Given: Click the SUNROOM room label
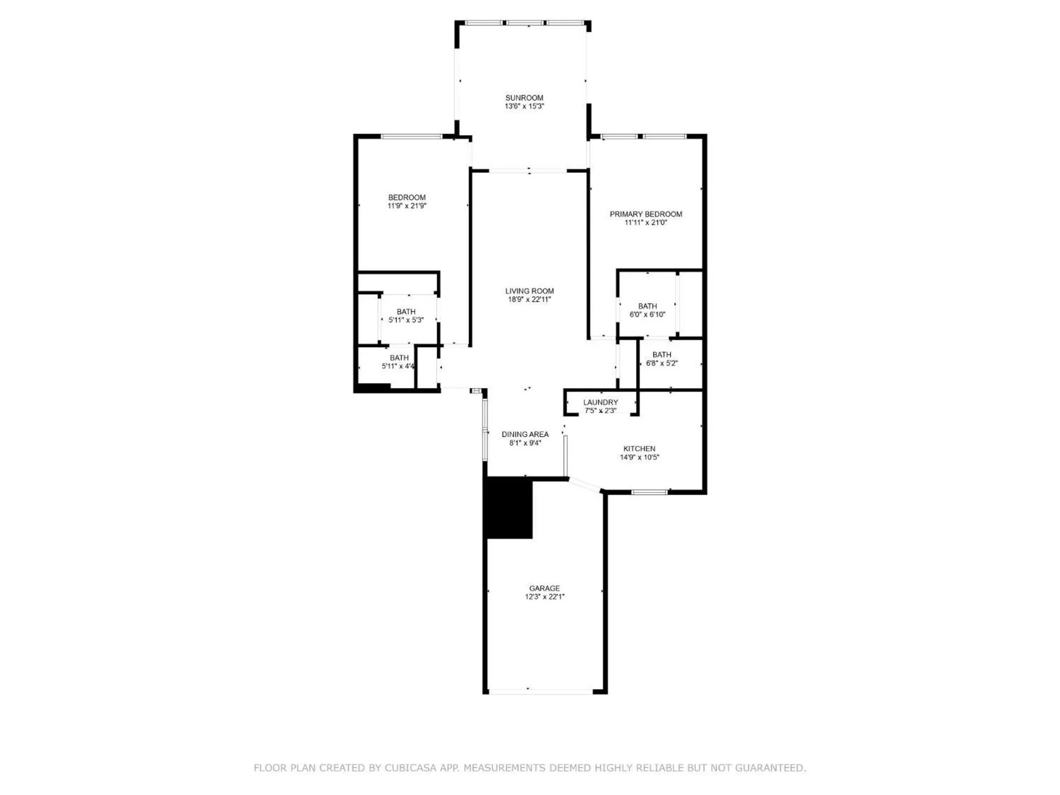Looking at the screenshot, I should click(524, 98).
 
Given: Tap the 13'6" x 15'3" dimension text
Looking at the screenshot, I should click(524, 106).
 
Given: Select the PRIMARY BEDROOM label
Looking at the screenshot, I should click(646, 214).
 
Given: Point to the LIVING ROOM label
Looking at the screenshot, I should click(529, 291).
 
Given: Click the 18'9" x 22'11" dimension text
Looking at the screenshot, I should click(529, 299).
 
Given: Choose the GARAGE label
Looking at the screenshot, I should click(544, 588).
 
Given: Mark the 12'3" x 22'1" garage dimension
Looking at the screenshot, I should click(544, 597).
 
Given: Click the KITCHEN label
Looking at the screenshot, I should click(639, 449).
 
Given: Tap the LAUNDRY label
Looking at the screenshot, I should click(600, 402).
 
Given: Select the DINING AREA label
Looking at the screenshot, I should click(525, 435).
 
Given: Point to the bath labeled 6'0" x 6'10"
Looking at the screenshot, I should click(647, 310).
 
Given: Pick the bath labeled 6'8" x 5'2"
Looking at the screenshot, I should click(661, 359).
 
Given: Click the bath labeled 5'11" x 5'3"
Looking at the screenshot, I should click(406, 316).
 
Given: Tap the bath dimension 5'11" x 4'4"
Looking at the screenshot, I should click(398, 366).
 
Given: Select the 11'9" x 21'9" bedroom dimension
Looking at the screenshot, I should click(407, 206).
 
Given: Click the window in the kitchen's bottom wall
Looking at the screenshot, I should click(650, 492).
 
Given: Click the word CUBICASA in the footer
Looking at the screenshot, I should click(411, 767).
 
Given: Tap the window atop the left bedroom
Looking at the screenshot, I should click(411, 137).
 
